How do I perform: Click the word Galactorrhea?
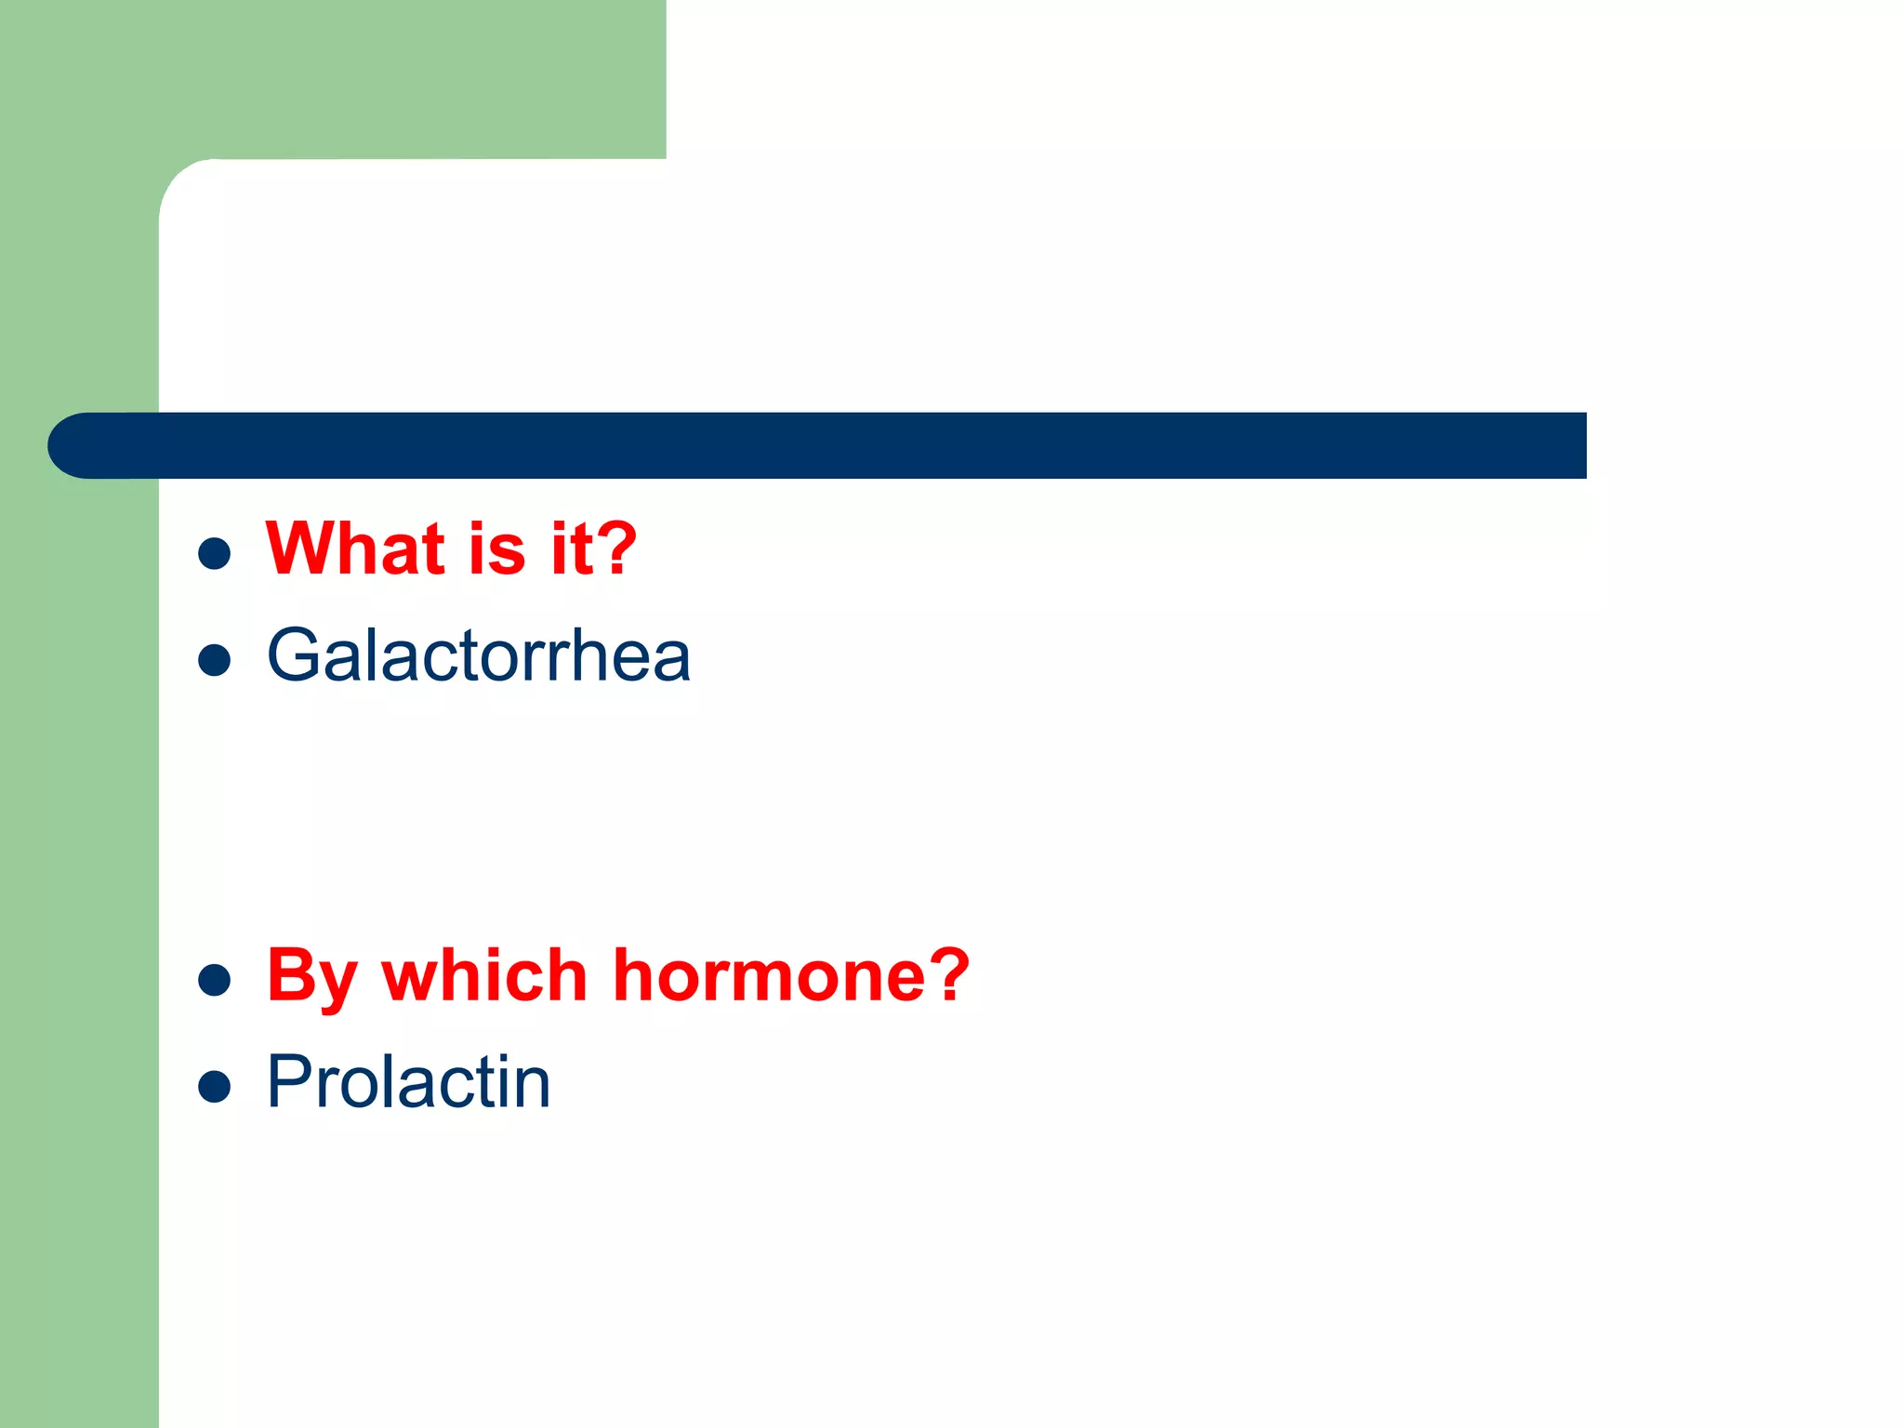(478, 656)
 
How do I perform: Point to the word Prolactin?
(408, 1082)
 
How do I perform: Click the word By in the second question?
(311, 978)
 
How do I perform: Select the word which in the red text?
(484, 976)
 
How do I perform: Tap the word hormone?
(791, 976)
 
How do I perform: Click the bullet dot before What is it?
(215, 553)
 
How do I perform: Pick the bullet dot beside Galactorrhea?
(215, 660)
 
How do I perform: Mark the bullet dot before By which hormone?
(215, 980)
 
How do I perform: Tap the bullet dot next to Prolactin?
(215, 1086)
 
